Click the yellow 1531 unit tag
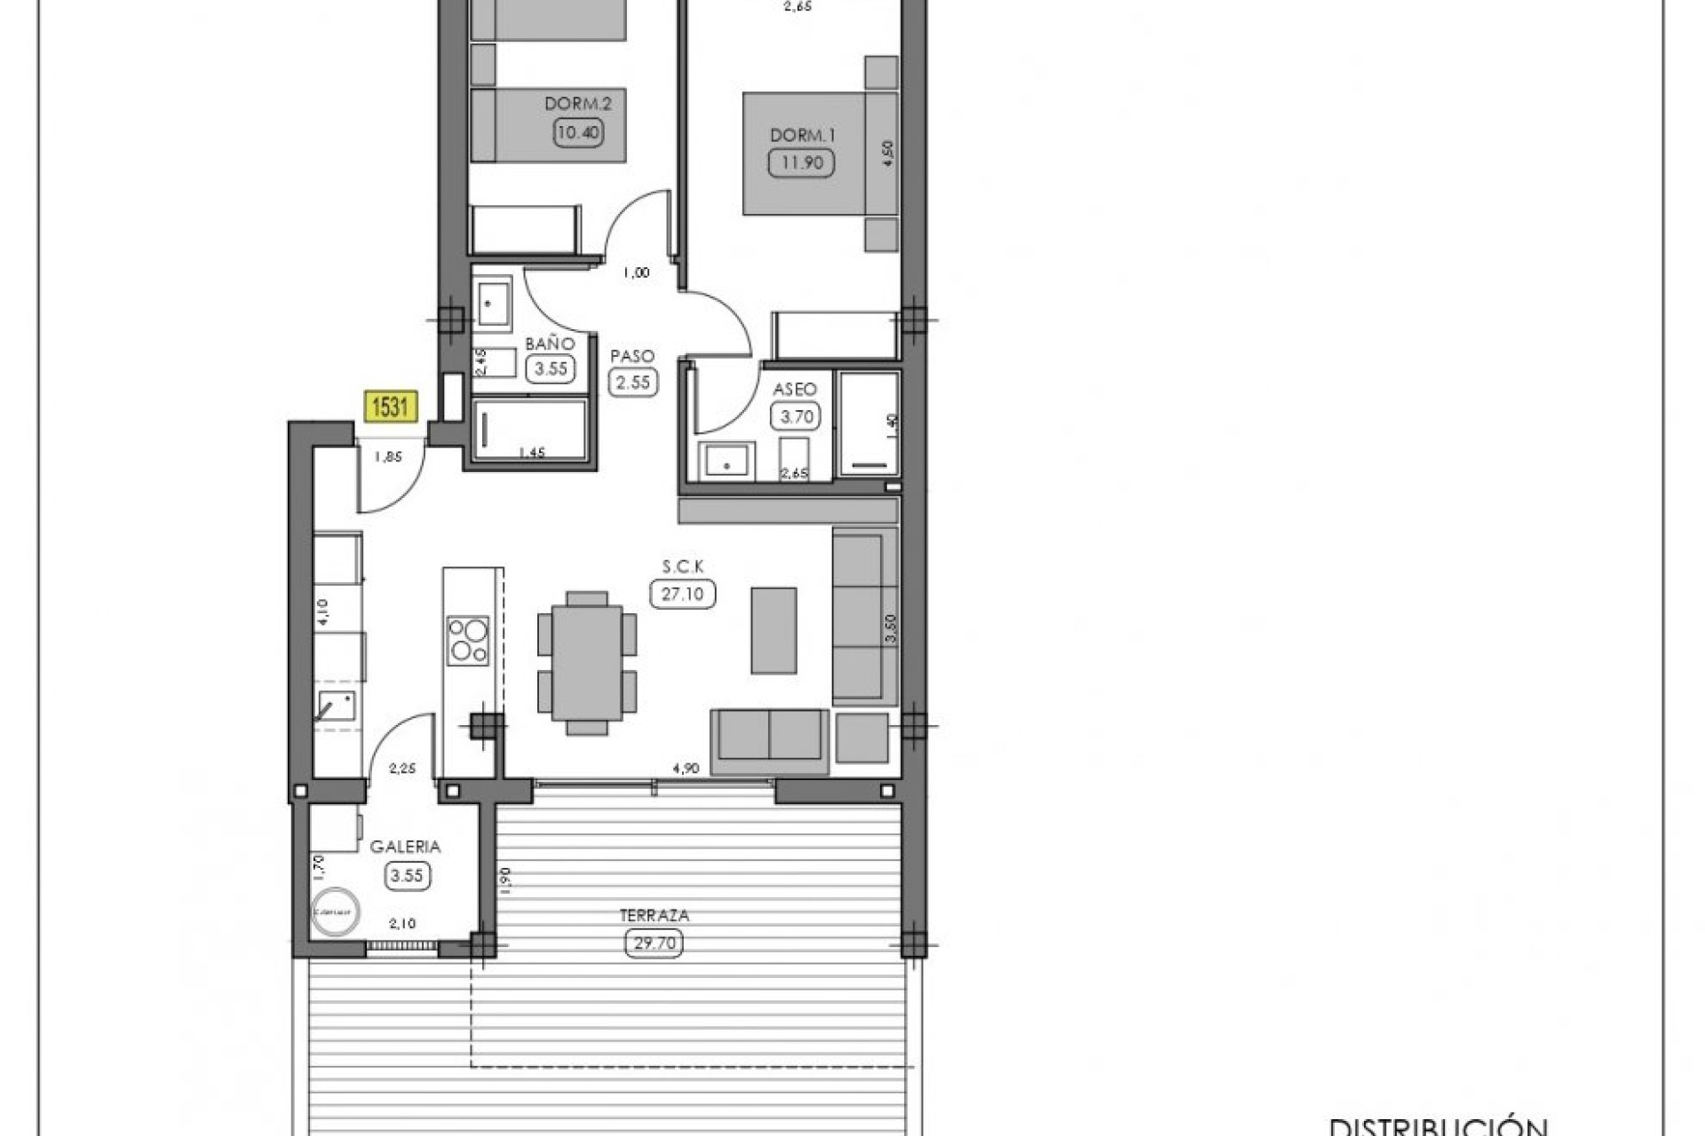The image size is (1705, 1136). (390, 407)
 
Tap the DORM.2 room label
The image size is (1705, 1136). (578, 104)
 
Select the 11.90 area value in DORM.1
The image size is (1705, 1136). (801, 162)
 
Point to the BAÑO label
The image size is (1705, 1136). (550, 343)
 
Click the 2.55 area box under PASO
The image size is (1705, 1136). (632, 383)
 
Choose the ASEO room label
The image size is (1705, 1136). (795, 390)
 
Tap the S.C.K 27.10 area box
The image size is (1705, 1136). (682, 594)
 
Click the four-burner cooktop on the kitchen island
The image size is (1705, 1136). (468, 641)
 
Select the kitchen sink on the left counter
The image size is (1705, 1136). (337, 706)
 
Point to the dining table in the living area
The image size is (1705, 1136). (586, 662)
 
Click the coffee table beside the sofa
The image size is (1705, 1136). (773, 630)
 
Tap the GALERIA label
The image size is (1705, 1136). (405, 847)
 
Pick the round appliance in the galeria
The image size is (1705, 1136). (335, 911)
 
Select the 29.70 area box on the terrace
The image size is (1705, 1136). (654, 943)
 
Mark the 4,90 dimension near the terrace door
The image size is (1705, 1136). (686, 769)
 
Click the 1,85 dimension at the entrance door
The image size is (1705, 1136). (387, 457)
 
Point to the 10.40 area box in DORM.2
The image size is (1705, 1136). (578, 133)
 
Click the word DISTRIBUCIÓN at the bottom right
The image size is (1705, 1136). (1439, 1126)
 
